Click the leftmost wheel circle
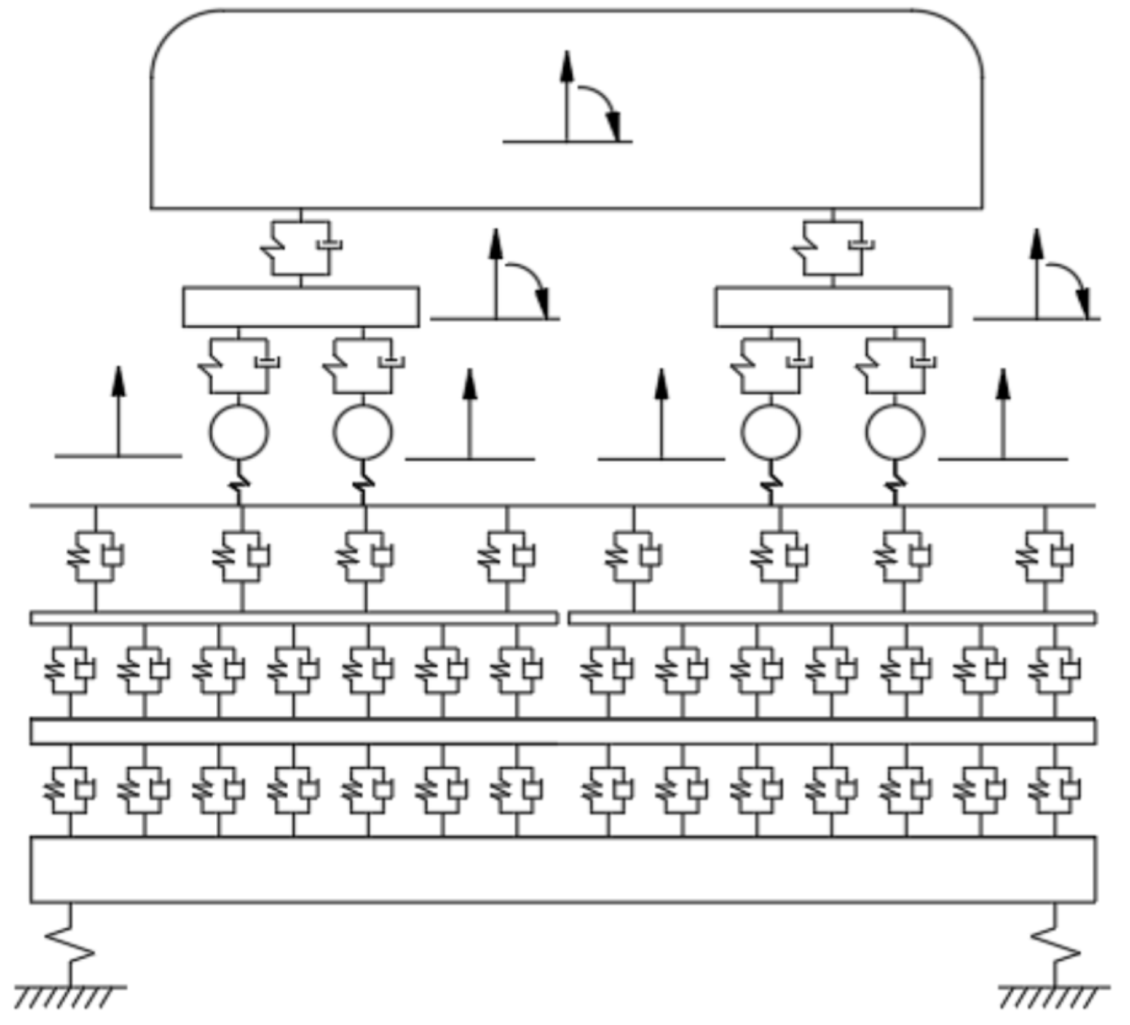239,432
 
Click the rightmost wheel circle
895,432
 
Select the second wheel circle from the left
363,432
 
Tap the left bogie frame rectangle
301,306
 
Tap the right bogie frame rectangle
832,306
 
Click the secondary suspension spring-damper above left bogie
301,247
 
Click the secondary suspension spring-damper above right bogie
832,247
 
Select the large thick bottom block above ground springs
563,869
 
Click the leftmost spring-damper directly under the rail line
95,557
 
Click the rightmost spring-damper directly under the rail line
1044,557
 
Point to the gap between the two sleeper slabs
563,617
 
